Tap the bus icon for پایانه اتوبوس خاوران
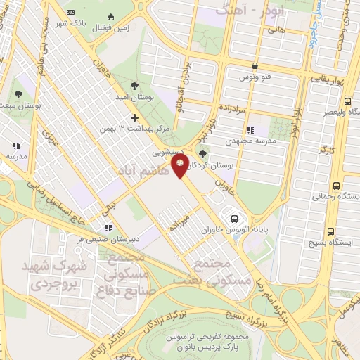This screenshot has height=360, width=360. click(x=233, y=217)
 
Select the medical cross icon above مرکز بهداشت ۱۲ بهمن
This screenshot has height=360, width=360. click(x=134, y=117)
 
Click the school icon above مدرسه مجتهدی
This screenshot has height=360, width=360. click(x=250, y=129)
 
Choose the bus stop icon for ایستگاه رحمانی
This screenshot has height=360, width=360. click(x=335, y=186)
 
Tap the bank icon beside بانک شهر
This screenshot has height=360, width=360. click(x=68, y=13)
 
